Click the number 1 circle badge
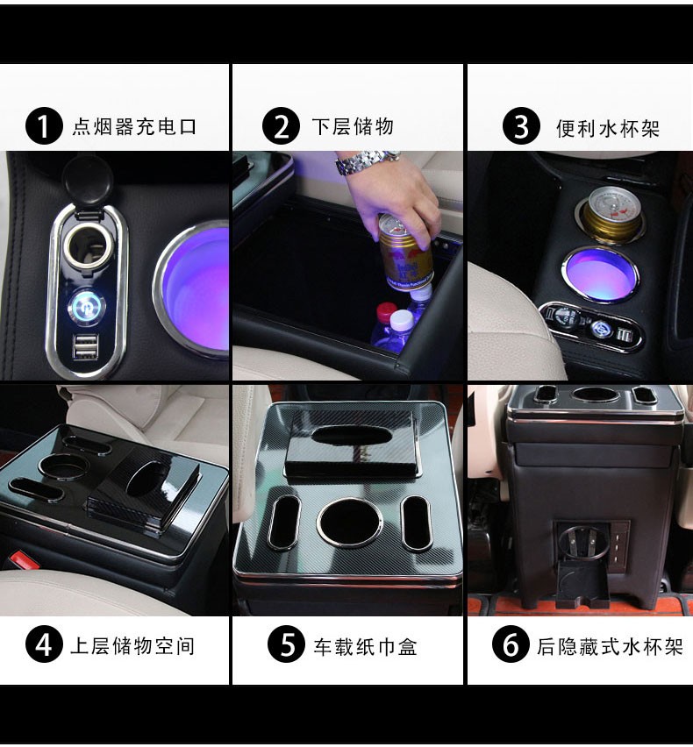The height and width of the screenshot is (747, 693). pos(44,126)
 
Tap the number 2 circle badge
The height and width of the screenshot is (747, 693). pos(282,126)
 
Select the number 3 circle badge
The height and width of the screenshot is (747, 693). pos(521,126)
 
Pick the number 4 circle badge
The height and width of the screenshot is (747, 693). pos(44,644)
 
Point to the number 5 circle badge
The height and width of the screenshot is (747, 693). pos(287,644)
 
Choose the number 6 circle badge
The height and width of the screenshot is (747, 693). pos(511,644)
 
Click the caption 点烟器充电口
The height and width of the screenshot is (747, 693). pos(134,127)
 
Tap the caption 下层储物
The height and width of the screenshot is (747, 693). pos(353,127)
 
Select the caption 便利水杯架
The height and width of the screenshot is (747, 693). pos(608,129)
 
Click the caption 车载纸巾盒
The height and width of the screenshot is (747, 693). pos(366,646)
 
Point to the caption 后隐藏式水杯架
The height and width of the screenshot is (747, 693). pos(610,646)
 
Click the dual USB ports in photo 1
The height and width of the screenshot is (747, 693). pos(86,346)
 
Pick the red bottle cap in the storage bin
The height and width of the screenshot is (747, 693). pos(386,312)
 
